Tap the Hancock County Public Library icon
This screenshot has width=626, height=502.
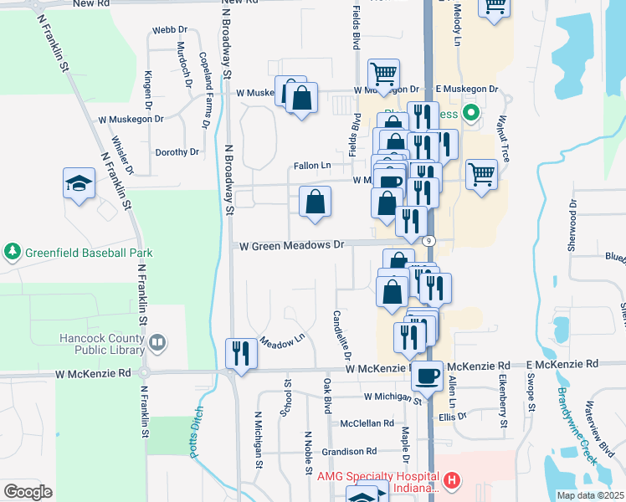pyautogui.click(x=157, y=341)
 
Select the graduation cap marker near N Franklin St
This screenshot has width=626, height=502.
pyautogui.click(x=79, y=184)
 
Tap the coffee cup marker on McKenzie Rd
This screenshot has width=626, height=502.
pyautogui.click(x=428, y=375)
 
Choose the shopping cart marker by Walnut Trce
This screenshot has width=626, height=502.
pyautogui.click(x=481, y=176)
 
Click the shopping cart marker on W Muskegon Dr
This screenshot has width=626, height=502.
pyautogui.click(x=383, y=74)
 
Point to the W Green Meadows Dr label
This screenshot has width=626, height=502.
pyautogui.click(x=292, y=246)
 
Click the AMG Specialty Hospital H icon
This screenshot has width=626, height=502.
pyautogui.click(x=452, y=480)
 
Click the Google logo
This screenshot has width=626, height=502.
pyautogui.click(x=28, y=492)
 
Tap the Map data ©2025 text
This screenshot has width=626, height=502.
pyautogui.click(x=590, y=495)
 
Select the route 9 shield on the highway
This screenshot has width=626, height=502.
pyautogui.click(x=429, y=241)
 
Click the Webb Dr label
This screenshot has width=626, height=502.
pyautogui.click(x=164, y=31)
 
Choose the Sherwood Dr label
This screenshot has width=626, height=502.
pyautogui.click(x=573, y=227)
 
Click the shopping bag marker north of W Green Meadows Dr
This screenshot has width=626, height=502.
pyautogui.click(x=316, y=202)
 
